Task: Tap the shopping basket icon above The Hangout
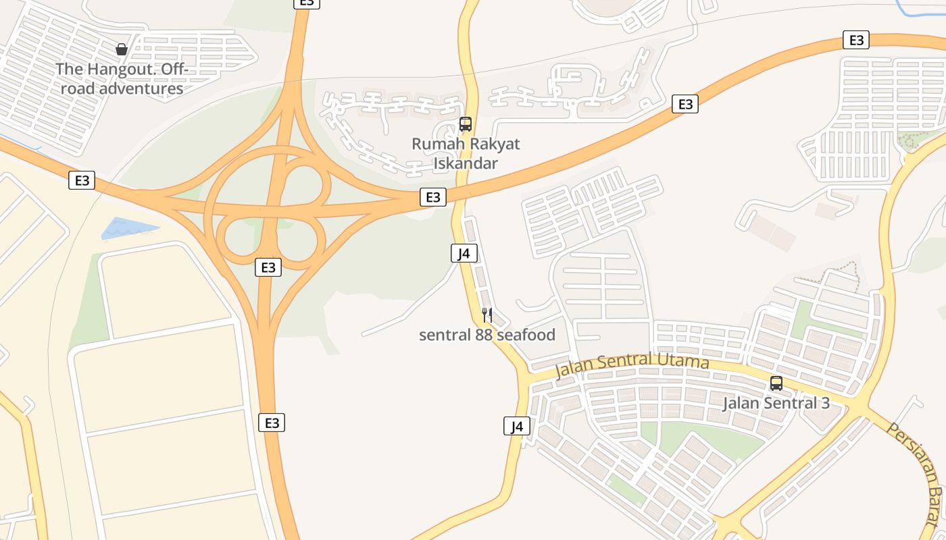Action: coord(122,49)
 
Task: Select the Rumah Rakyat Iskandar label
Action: coord(466,153)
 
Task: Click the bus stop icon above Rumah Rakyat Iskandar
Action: coord(466,124)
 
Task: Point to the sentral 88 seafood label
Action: coord(487,335)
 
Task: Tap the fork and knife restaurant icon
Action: coord(487,315)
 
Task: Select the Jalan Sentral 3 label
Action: coord(776,404)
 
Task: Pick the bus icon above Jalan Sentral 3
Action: coord(776,383)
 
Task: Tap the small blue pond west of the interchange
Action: coord(125,227)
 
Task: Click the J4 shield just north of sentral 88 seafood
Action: coord(464,253)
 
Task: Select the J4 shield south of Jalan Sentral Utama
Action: coord(517,426)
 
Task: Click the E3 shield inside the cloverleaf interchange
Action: coord(268,267)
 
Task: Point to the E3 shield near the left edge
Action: coord(82,180)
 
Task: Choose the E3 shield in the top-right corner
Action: coord(856,40)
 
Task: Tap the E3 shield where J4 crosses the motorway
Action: coord(433,196)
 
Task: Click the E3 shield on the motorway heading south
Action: coord(272,423)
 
